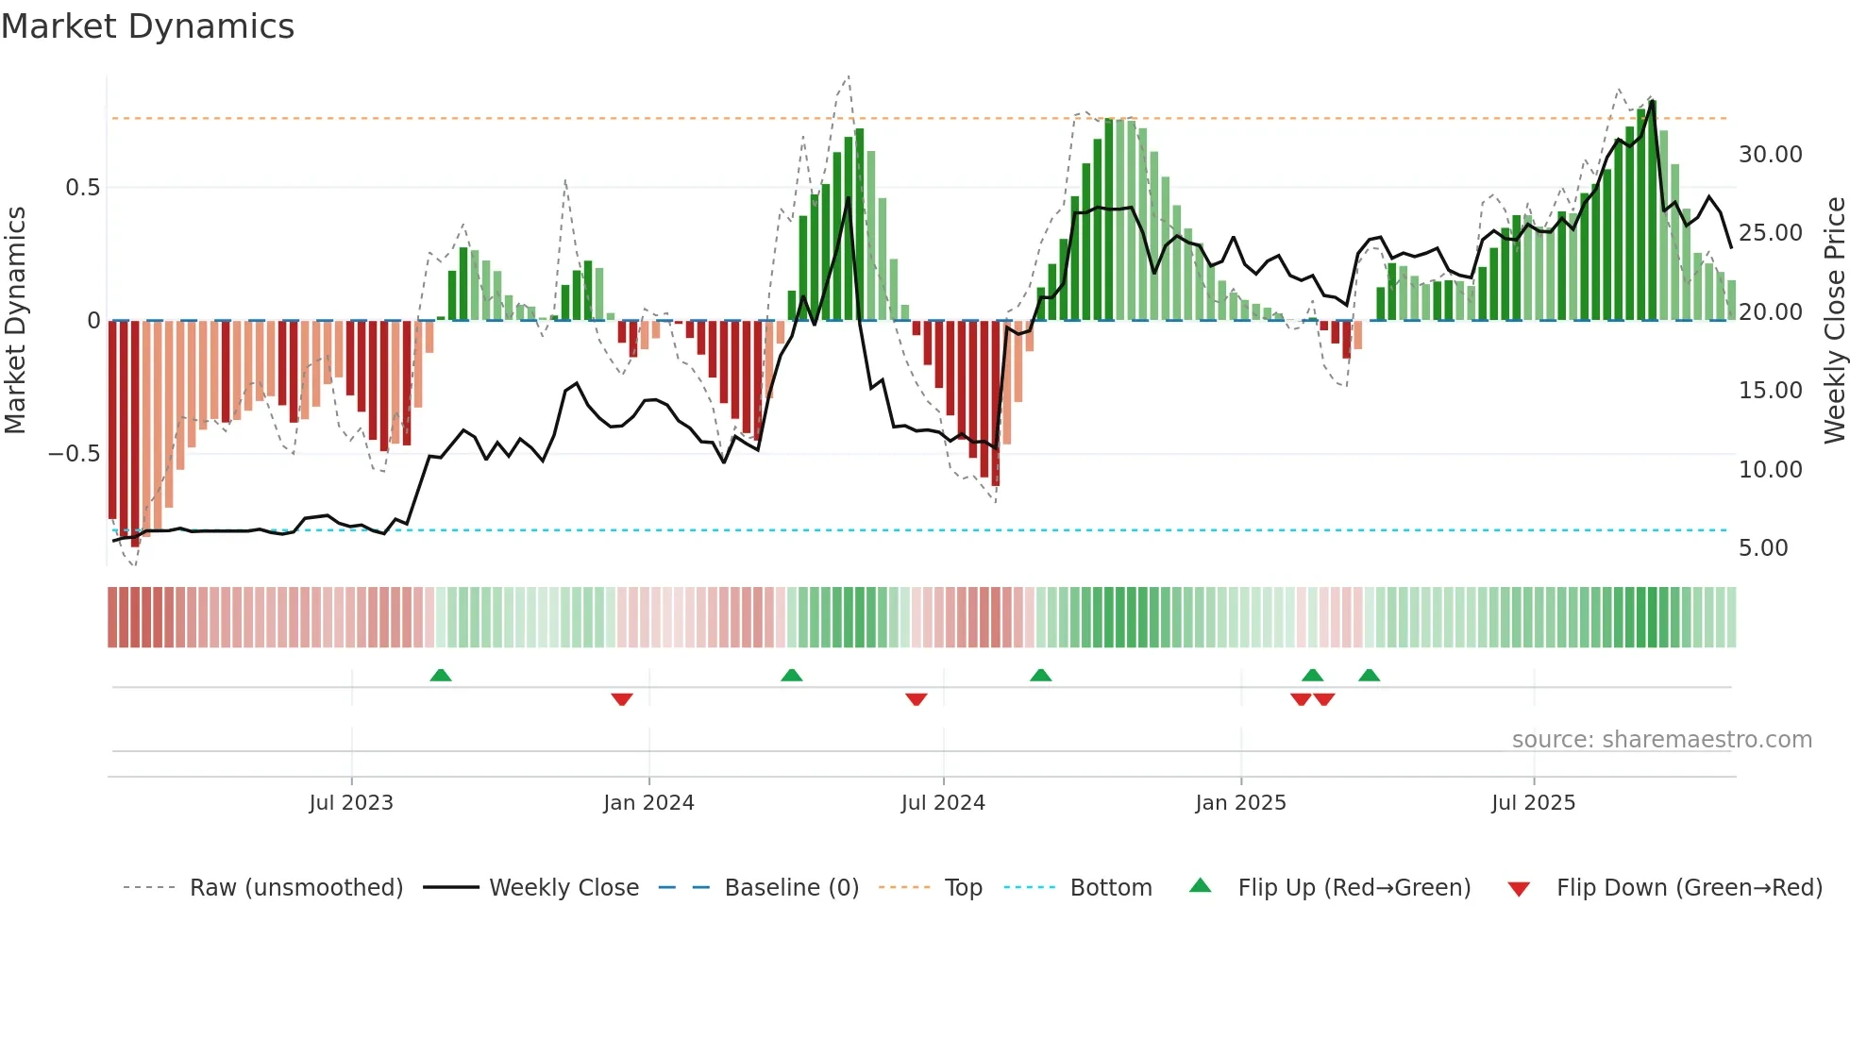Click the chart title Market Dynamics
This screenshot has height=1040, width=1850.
coord(147,26)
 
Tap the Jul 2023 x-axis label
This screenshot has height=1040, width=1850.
coord(351,803)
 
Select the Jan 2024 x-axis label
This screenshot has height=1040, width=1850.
coord(648,803)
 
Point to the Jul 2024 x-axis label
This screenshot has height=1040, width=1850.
coord(943,803)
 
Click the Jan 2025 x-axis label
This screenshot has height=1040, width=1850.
coord(1240,803)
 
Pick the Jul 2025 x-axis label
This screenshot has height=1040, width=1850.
coord(1533,803)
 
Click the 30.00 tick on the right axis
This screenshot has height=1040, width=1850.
coord(1770,155)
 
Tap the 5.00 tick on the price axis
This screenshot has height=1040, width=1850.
coord(1762,548)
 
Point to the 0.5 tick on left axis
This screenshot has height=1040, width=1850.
coord(82,188)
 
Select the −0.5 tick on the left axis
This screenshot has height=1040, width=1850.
coord(75,454)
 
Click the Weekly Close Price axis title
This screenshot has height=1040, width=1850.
coord(1834,320)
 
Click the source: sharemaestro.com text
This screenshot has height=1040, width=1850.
coord(1661,740)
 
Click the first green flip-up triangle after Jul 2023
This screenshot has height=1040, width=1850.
coord(441,676)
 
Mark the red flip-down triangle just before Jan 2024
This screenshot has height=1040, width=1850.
coord(622,699)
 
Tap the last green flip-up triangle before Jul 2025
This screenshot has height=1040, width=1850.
coord(1369,676)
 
